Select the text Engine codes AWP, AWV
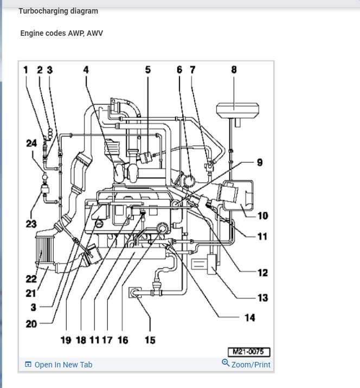[61, 33]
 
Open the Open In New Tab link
[63, 365]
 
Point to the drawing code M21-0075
[249, 352]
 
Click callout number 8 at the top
[234, 69]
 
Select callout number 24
[31, 143]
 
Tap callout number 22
[31, 279]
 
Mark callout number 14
[249, 317]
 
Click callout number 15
[150, 340]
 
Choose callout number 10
[262, 215]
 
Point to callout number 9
[260, 162]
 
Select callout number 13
[262, 297]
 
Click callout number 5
[147, 69]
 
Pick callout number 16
[123, 340]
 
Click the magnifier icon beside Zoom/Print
[226, 363]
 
